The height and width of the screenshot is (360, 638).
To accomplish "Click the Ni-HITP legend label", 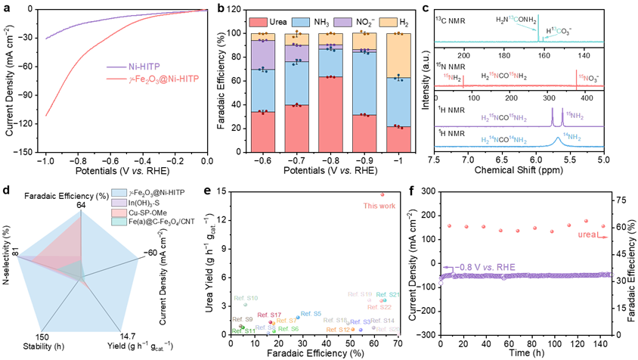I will tap(144, 67).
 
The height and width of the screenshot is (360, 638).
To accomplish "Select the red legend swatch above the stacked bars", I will tap(258, 23).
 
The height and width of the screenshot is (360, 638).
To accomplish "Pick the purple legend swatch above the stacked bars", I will tap(342, 23).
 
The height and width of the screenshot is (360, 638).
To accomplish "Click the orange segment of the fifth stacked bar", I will tap(398, 57).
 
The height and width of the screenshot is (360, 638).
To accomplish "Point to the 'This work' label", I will tap(379, 206).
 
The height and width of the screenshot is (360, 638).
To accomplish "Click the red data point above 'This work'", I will tap(382, 194).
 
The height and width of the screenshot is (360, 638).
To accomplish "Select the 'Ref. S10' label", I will tap(246, 298).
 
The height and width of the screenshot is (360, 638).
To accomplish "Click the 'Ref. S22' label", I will tap(379, 307).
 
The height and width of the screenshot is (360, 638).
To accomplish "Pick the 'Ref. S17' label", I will tap(269, 315).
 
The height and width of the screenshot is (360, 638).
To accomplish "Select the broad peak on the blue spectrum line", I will tap(559, 138).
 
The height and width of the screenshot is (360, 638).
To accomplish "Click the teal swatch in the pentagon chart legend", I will tap(119, 222).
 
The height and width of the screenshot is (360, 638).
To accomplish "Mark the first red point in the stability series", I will tap(449, 225).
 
